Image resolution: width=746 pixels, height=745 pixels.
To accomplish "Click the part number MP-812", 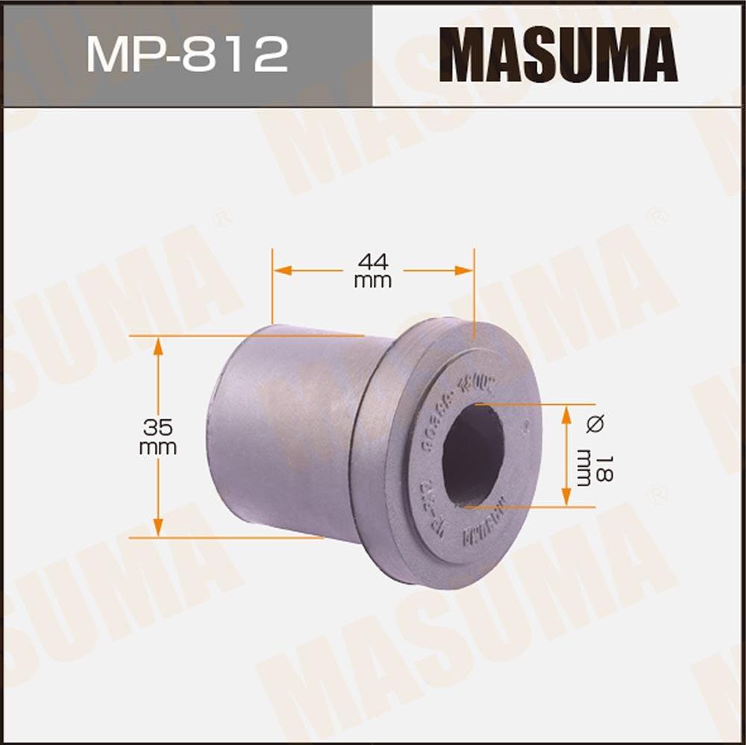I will coord(186,54).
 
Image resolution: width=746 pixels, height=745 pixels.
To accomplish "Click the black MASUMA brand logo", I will coord(559,54).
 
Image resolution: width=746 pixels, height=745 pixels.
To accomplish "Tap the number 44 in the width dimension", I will coord(372,262).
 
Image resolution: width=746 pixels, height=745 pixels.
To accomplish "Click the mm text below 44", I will coord(372,281).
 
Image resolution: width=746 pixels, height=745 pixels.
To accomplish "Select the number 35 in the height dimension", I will coord(158,427).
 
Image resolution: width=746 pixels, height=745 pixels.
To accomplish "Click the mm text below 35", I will coord(158,447).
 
